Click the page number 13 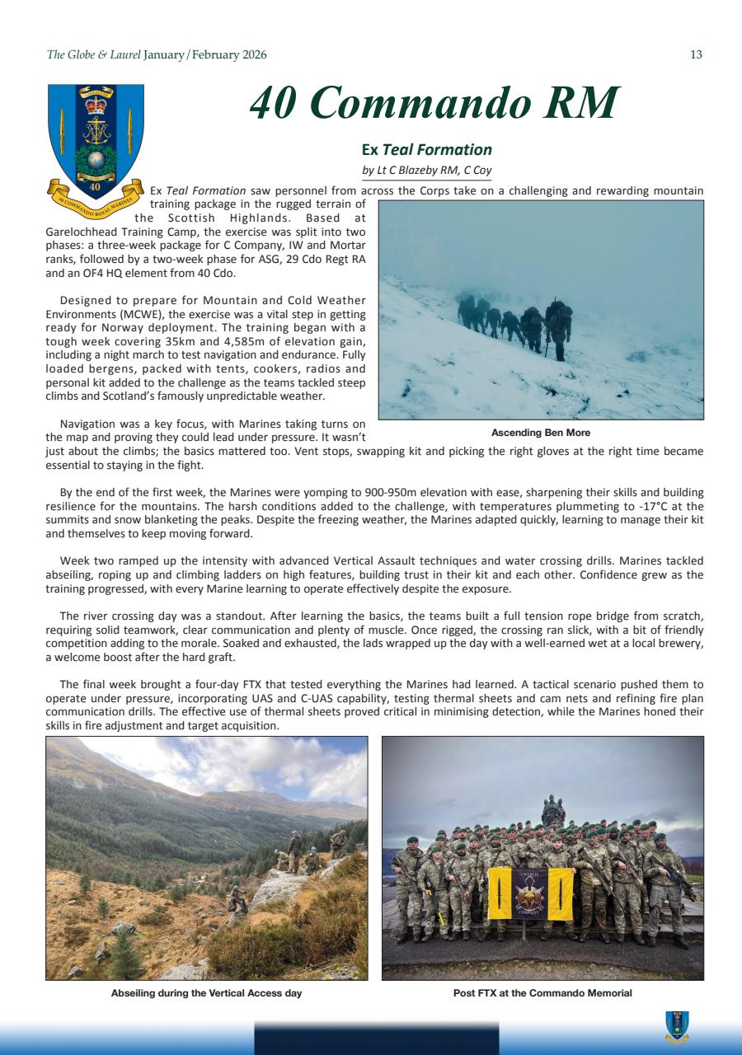[696, 55]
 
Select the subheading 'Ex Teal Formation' [426, 149]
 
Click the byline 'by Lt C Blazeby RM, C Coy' [426, 170]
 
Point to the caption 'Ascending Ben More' [540, 433]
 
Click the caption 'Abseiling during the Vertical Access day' [206, 993]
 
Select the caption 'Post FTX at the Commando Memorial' [542, 993]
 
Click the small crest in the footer [677, 1027]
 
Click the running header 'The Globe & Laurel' [93, 55]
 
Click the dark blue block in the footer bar [376, 1039]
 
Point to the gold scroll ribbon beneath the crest [95, 201]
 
